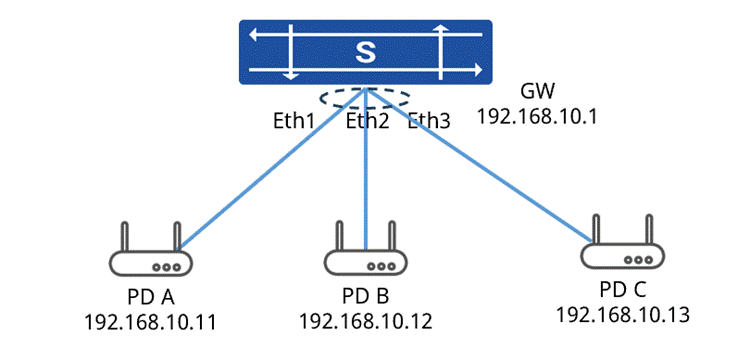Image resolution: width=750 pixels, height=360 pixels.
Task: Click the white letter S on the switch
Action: point(365,53)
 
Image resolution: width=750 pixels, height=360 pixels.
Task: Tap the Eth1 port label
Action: point(294,121)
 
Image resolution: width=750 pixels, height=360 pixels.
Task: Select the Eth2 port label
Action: point(367,121)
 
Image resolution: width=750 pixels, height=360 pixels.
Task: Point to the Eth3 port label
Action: point(429,121)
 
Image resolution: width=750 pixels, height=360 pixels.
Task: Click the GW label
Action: point(537,91)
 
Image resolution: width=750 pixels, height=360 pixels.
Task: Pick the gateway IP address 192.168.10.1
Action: point(538,116)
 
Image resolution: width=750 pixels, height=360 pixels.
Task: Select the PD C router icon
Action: point(622,242)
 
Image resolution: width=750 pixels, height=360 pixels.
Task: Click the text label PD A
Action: point(151,297)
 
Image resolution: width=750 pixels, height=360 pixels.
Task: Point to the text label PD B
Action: point(365,296)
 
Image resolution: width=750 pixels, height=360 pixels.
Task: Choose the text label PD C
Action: point(623,290)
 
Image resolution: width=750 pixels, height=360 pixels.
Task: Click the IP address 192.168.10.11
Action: point(150,322)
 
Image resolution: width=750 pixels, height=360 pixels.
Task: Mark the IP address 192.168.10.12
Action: point(365,321)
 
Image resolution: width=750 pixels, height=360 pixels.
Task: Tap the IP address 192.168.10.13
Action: point(622,315)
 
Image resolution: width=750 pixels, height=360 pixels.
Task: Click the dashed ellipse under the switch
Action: point(320,98)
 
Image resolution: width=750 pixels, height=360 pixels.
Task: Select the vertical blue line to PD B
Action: point(365,169)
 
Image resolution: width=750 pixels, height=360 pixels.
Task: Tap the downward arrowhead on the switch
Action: point(290,76)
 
